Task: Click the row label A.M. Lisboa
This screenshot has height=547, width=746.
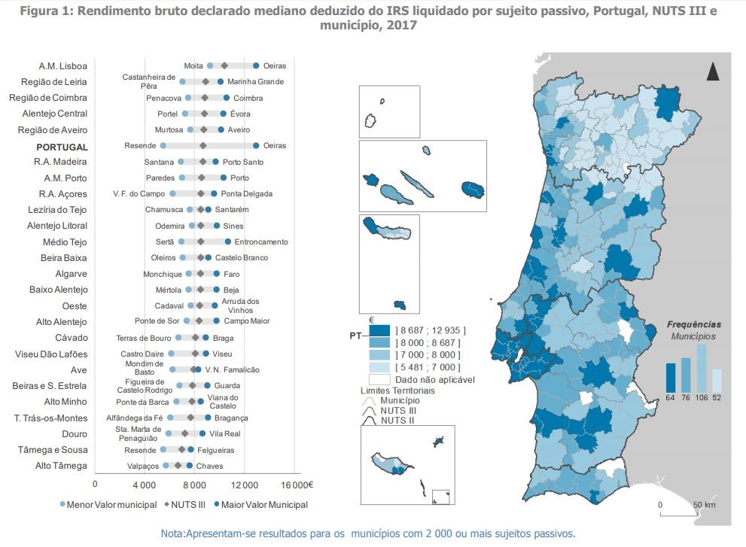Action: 63,66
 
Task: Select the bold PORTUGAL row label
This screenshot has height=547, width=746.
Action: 62,147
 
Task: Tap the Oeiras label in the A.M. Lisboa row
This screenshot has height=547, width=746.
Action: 274,66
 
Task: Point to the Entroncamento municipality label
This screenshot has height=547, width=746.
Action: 261,242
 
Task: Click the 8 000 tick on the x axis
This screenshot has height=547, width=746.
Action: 195,484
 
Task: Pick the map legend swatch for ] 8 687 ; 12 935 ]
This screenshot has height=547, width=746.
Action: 379,330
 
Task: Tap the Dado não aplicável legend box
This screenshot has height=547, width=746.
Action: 379,379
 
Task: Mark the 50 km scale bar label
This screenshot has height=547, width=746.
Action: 704,504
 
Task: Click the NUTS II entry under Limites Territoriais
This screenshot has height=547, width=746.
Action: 396,421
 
